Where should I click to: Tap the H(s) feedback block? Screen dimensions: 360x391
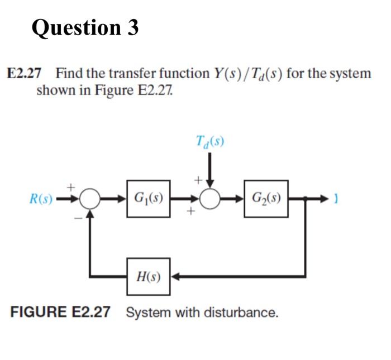pyautogui.click(x=148, y=275)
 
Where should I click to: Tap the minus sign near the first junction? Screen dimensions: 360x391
pyautogui.click(x=78, y=218)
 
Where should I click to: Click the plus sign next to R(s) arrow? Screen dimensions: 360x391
pyautogui.click(x=71, y=185)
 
